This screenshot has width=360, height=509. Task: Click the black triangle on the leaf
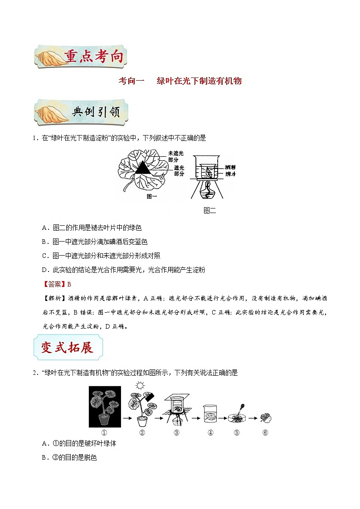coord(143,169)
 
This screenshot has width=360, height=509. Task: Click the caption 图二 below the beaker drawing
coord(209,210)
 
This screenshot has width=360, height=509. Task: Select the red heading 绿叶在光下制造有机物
coord(199,81)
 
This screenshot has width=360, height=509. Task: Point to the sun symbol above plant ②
coord(139,385)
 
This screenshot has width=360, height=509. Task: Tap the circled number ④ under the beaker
coord(210,432)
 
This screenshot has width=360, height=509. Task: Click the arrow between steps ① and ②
coord(128,418)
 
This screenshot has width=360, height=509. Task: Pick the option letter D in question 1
coord(45,270)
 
